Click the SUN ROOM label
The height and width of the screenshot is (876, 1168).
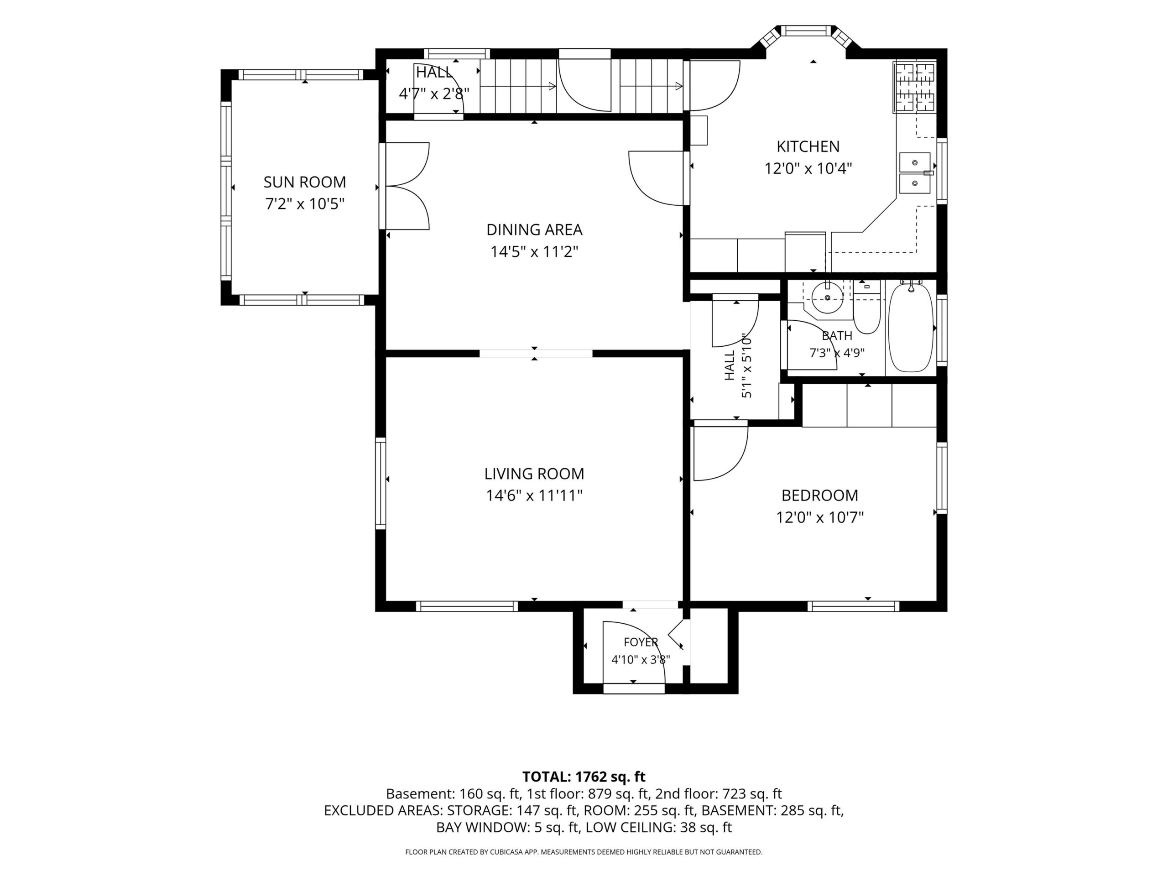[x=305, y=182]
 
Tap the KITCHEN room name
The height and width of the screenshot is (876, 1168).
[x=808, y=146]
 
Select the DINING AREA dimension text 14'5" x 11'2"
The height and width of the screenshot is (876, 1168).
[x=534, y=252]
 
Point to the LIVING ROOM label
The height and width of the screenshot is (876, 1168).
[x=534, y=474]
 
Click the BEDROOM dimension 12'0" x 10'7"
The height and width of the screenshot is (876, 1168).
[x=819, y=517]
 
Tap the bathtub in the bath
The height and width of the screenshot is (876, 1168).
[x=911, y=328]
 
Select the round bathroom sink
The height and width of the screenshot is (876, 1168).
[x=828, y=298]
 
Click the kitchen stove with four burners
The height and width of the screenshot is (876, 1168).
[x=914, y=87]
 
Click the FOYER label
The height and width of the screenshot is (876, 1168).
[x=641, y=642]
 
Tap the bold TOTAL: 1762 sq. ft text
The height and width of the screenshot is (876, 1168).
[x=584, y=777]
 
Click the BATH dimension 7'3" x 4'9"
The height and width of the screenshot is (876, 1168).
[x=837, y=353]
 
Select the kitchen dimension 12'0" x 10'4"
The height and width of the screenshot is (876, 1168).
[x=808, y=168]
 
